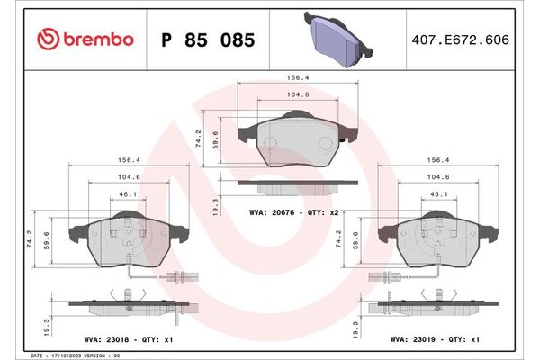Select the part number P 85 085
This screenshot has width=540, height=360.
(207, 40)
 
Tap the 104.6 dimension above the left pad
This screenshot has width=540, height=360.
(128, 177)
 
